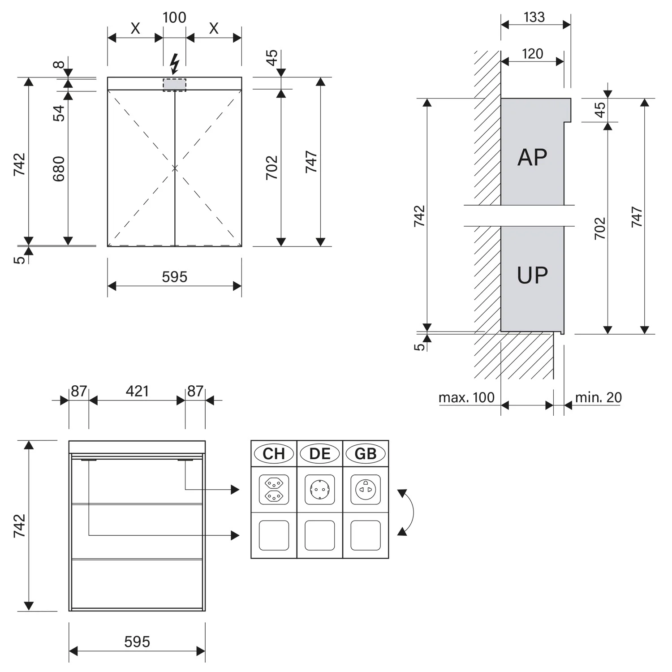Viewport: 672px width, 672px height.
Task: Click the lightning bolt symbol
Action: pos(175,64)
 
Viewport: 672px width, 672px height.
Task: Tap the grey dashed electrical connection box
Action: pos(174,85)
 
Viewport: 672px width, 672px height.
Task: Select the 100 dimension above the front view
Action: pos(174,17)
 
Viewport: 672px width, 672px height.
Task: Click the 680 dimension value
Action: pos(59,169)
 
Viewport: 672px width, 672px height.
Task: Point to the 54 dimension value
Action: pos(59,113)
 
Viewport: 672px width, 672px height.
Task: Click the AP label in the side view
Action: pos(532,157)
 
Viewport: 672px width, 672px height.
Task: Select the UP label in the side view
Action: pos(532,275)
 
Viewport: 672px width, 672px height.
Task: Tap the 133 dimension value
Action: pos(534,17)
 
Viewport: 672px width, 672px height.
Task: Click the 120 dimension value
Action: pos(532,54)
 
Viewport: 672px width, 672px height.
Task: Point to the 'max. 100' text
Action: pos(466,397)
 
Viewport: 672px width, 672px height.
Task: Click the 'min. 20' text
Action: pos(598,397)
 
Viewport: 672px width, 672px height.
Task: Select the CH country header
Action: pos(274,454)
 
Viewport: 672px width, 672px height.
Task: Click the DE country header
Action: pos(320,454)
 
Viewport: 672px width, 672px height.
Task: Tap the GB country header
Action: pos(366,454)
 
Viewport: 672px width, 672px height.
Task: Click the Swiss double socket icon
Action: pos(274,490)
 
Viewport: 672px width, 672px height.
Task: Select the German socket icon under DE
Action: pos(320,490)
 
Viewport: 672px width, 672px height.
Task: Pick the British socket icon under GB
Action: pos(366,490)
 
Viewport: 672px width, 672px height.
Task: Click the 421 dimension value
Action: pos(137,391)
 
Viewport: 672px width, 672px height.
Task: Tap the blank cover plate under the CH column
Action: pos(274,535)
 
